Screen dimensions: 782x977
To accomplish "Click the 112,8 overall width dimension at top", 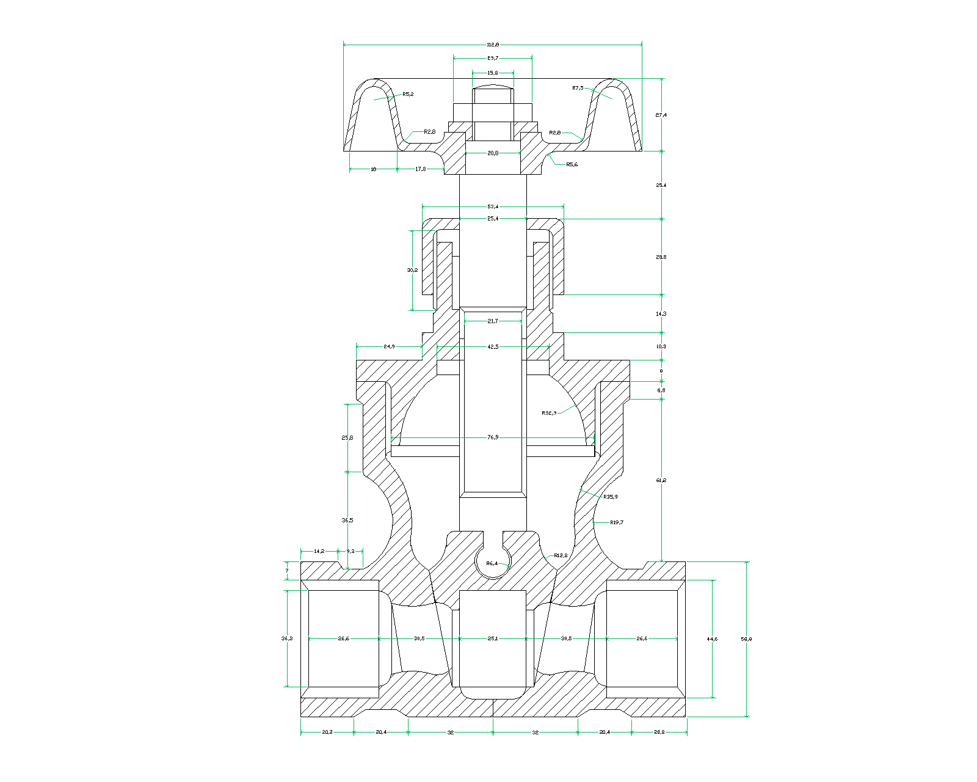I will click(493, 45).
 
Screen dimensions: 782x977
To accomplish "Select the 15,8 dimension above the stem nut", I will click(493, 73).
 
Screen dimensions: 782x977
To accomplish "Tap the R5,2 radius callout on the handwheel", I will click(408, 94).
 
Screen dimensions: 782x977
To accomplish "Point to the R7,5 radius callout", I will click(578, 88).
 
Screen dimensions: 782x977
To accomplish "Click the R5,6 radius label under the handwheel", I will click(572, 164).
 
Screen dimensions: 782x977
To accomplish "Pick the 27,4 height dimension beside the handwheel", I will click(661, 115).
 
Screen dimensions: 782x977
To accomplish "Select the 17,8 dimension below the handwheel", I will click(421, 169).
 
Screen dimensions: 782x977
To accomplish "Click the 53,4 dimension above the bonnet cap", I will click(493, 206).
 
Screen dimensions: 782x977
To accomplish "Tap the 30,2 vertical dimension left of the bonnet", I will click(412, 269).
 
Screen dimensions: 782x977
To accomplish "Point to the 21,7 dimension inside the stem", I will click(493, 321).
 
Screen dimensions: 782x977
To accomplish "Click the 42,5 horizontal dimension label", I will click(493, 346).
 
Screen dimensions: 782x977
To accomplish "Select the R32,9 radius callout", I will click(549, 413).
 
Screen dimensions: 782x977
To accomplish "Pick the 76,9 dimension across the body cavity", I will click(493, 437).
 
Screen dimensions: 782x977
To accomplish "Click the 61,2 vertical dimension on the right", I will click(661, 480).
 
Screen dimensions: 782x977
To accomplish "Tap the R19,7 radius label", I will click(617, 522).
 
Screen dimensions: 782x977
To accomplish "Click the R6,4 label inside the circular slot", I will click(492, 563).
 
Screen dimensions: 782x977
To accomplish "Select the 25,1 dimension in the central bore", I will click(493, 638).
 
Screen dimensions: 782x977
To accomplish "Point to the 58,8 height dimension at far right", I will click(746, 638).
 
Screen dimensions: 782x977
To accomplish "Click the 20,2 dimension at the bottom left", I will click(327, 732).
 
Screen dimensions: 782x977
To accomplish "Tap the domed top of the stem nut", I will click(493, 87).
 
